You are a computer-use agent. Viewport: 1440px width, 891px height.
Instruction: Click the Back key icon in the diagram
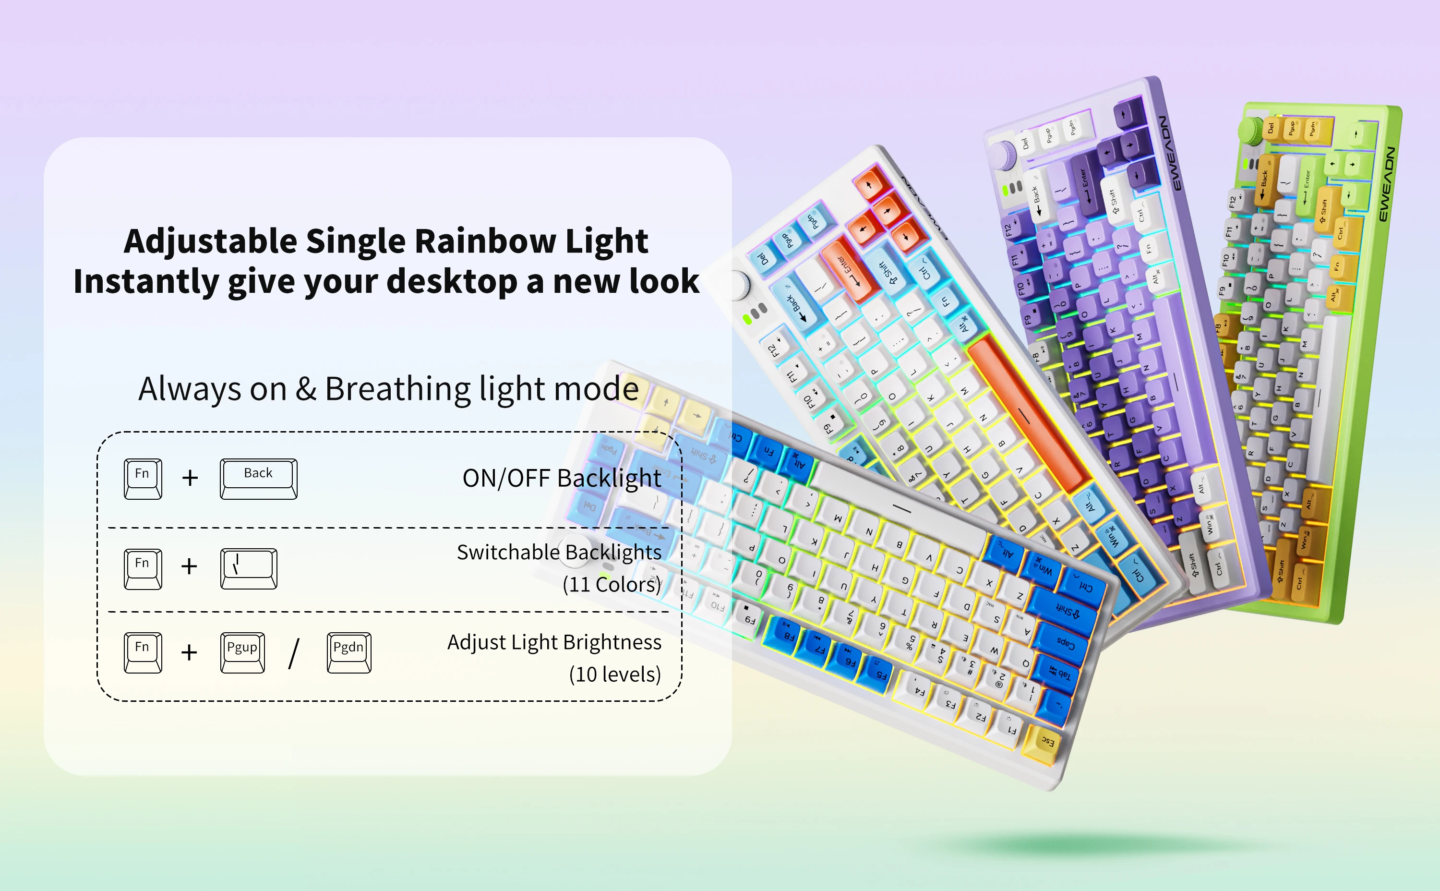258,479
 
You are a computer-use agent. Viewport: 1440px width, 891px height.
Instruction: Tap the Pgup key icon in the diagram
242,652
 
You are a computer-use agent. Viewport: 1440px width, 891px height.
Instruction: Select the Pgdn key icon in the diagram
349,652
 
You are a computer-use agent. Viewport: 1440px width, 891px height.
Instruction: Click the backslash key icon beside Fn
249,568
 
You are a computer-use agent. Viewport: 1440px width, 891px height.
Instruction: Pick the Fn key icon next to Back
143,479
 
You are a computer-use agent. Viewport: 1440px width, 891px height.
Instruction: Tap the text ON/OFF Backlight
562,478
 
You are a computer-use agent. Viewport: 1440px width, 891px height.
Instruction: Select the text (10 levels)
614,674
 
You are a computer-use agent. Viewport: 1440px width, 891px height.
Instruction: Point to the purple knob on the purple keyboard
1003,155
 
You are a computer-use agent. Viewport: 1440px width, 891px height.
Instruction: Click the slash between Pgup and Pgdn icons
293,653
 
